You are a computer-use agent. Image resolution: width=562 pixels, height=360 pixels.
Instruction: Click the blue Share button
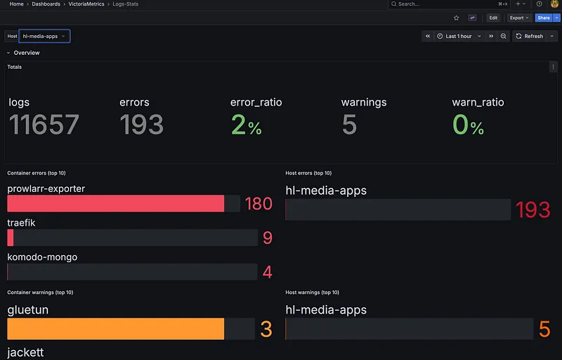point(543,18)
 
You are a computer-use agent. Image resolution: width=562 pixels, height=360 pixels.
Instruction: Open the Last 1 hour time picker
point(459,36)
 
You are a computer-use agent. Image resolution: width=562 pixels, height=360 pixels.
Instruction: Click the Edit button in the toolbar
point(493,18)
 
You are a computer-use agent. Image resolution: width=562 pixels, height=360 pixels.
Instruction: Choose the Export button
point(519,18)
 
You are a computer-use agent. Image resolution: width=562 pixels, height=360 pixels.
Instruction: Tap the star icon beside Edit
point(456,18)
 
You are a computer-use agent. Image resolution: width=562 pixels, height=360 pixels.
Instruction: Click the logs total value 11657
point(44,125)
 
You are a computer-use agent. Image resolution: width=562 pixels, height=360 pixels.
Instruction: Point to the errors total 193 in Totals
point(141,125)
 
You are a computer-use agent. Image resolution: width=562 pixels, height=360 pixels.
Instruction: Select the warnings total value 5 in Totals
point(349,125)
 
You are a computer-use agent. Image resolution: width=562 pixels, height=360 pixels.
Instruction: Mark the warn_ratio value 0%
point(468,125)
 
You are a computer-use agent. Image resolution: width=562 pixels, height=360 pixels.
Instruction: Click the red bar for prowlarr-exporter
point(115,203)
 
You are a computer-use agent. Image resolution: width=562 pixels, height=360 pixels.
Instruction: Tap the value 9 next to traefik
point(267,238)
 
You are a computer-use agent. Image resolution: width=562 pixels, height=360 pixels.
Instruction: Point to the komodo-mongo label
point(42,257)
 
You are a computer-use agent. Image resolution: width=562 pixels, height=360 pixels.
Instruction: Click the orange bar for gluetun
point(115,329)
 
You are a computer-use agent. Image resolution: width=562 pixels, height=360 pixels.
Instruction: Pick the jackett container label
point(25,352)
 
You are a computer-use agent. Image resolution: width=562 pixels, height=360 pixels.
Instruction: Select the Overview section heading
point(27,53)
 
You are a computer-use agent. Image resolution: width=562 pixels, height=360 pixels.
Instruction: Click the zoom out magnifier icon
point(504,36)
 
